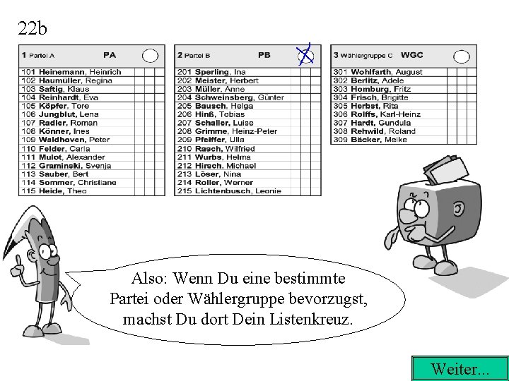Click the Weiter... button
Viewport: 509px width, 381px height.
(x=459, y=368)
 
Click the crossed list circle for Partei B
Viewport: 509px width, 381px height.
(x=305, y=54)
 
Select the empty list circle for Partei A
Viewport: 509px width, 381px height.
(x=151, y=55)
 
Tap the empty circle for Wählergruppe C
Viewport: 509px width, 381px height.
(x=461, y=56)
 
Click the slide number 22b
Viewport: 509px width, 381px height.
(x=33, y=28)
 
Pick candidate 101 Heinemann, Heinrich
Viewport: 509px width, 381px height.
(x=71, y=72)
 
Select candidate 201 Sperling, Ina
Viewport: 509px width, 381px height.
(x=211, y=72)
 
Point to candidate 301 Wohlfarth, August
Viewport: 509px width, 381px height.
(x=378, y=72)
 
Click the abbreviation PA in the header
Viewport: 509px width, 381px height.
(x=110, y=55)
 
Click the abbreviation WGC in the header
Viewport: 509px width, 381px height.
(x=411, y=55)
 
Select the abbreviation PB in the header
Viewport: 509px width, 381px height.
(x=264, y=55)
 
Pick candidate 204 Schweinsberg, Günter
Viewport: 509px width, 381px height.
(x=230, y=97)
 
